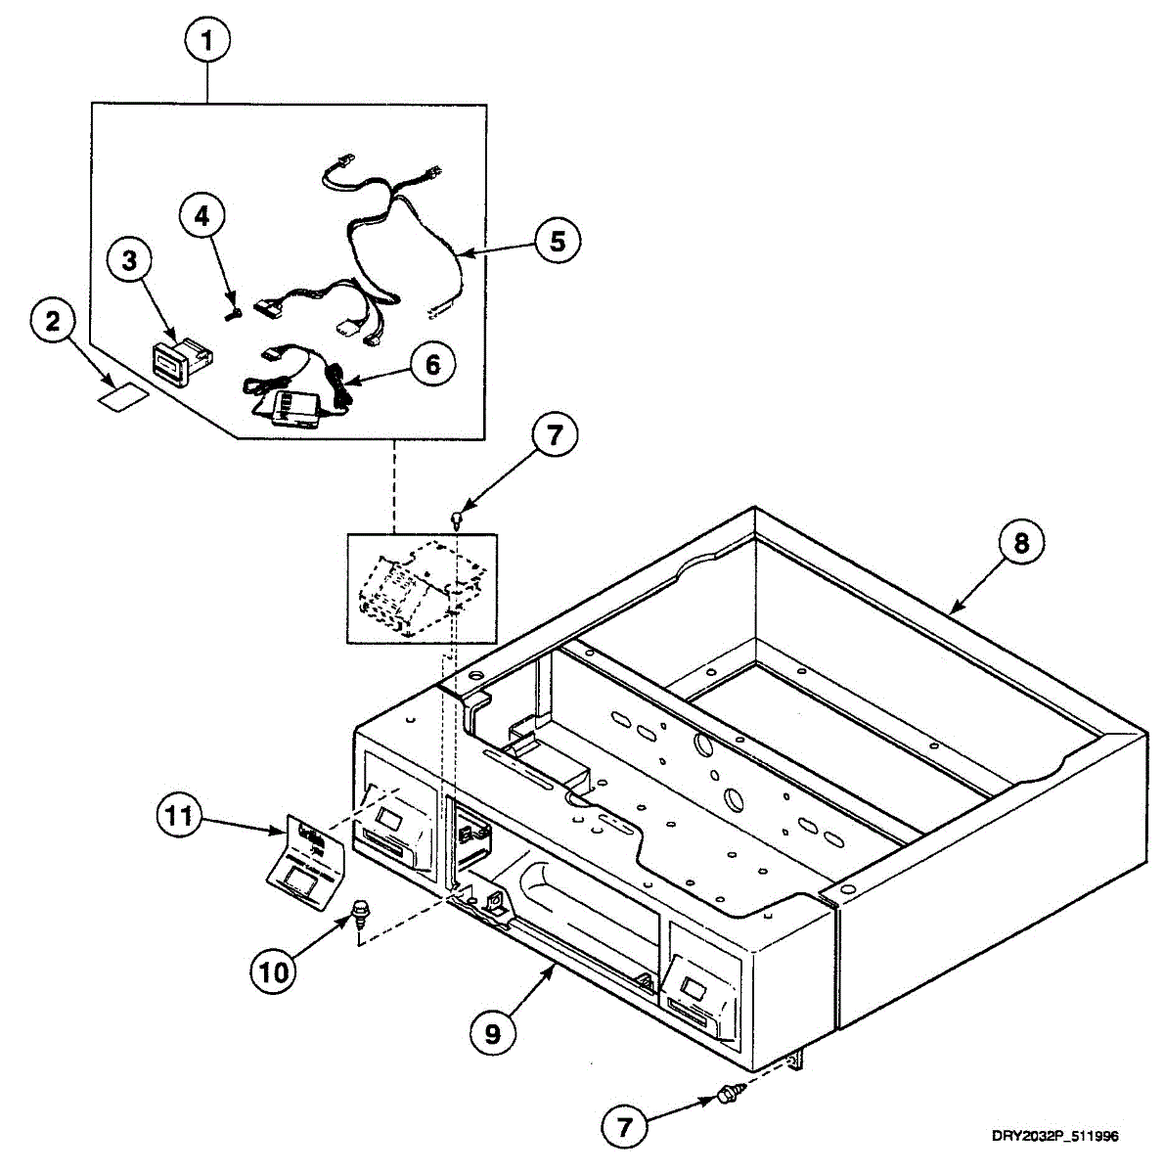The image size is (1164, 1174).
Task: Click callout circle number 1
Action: pyautogui.click(x=207, y=42)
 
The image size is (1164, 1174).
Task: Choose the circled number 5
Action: pyautogui.click(x=557, y=240)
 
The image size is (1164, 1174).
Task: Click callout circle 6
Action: pyautogui.click(x=431, y=365)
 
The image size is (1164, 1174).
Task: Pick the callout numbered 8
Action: pyautogui.click(x=1021, y=543)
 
